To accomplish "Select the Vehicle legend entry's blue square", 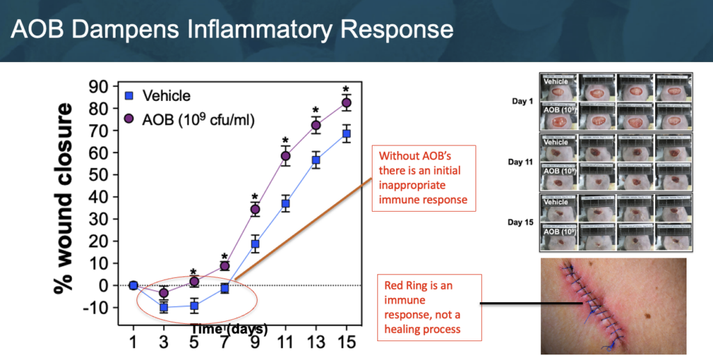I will click(128, 96).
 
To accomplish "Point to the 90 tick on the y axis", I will click(100, 86).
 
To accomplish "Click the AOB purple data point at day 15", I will click(346, 103).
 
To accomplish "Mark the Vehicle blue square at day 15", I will click(346, 134).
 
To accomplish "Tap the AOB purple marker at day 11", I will click(285, 156).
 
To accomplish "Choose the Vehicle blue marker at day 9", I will click(255, 244).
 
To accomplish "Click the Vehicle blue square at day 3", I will click(164, 307).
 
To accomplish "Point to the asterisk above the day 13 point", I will click(315, 110).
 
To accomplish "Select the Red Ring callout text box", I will click(429, 307).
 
